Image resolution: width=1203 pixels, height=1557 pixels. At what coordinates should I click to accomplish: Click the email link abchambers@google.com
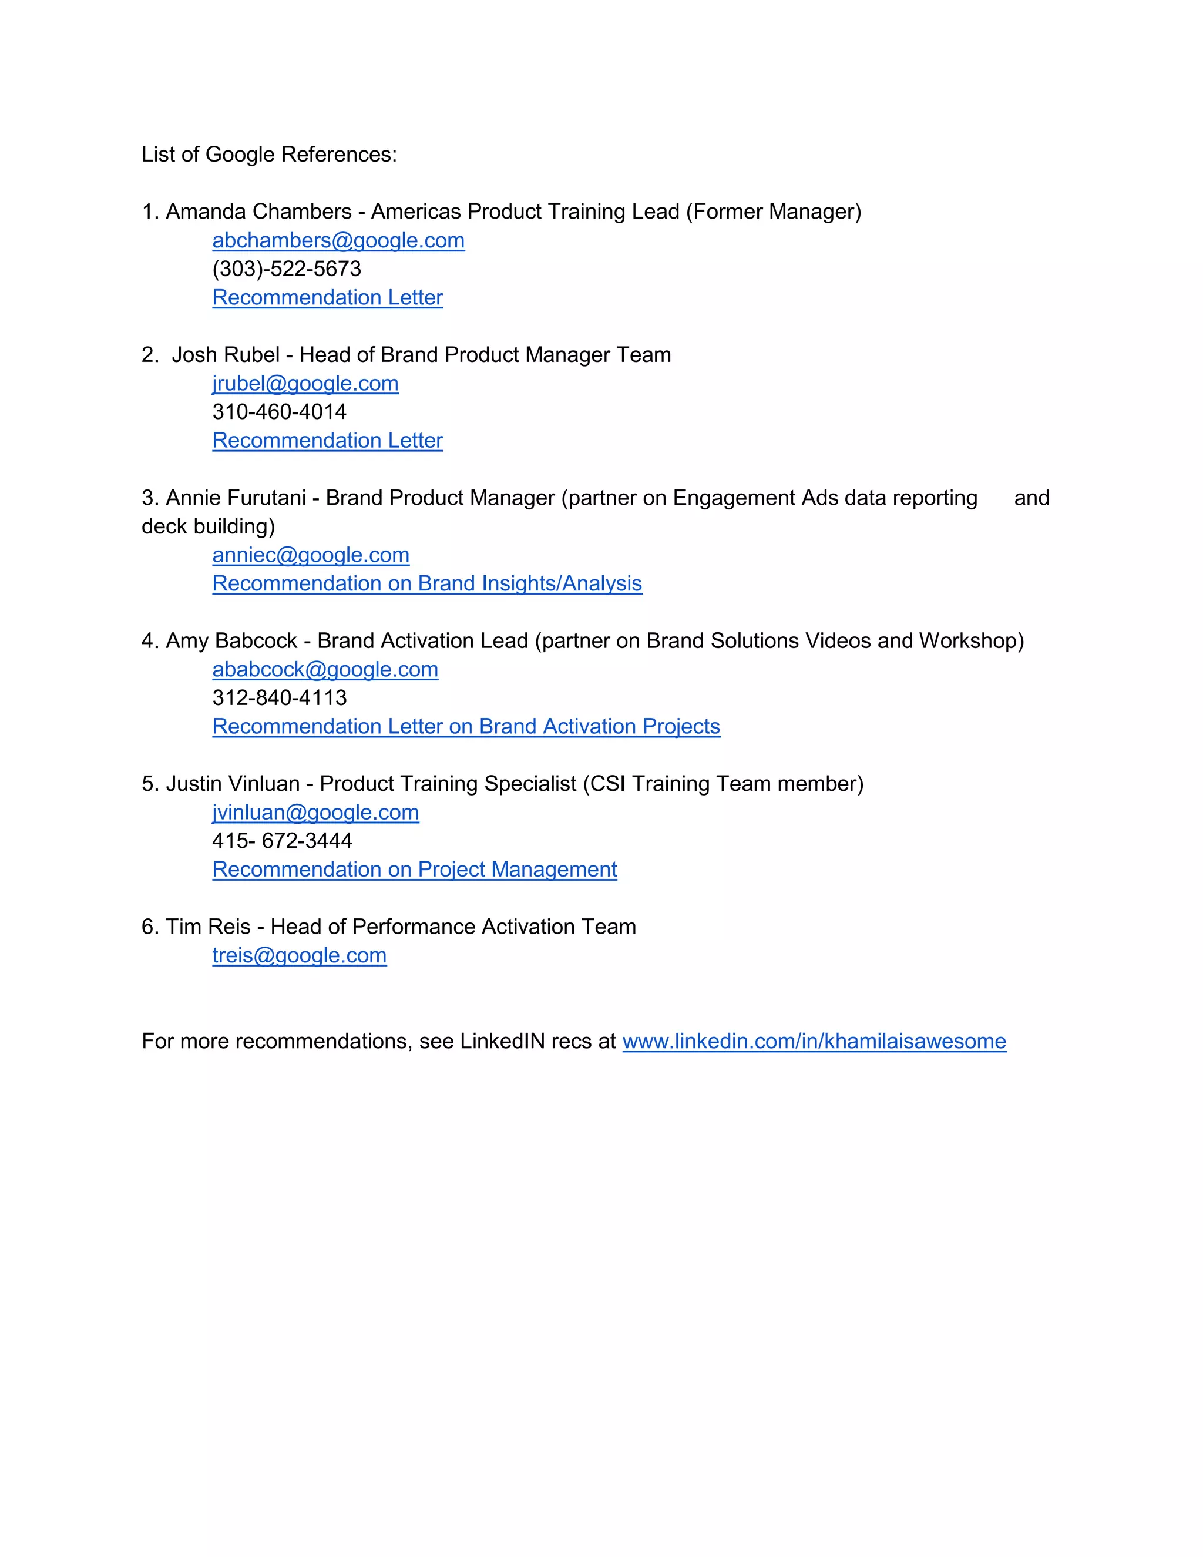pos(338,241)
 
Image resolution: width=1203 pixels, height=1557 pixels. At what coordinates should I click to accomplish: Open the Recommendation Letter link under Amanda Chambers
pos(327,298)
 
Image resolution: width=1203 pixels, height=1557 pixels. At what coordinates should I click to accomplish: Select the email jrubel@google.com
pos(305,384)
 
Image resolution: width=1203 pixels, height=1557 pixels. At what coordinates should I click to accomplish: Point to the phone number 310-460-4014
pos(280,412)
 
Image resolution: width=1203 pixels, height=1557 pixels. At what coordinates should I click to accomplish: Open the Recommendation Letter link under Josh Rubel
pos(327,441)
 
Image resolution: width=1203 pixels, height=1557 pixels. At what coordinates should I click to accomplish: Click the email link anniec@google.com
pos(311,555)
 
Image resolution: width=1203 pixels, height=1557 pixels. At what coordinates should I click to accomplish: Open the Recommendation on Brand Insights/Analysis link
pos(427,584)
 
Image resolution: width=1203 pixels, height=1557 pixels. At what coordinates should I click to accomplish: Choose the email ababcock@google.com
pos(325,669)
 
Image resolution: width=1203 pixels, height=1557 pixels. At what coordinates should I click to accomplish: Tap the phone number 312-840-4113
pos(280,698)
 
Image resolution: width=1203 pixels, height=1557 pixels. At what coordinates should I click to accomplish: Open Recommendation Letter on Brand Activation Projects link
pos(466,726)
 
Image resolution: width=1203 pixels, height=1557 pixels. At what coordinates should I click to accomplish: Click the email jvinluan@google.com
pos(315,813)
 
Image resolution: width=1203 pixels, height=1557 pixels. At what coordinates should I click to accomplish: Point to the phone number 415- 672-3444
pos(282,841)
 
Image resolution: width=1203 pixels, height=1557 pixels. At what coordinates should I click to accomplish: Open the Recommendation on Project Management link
pos(414,870)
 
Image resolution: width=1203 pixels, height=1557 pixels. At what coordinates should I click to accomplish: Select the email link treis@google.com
pos(300,955)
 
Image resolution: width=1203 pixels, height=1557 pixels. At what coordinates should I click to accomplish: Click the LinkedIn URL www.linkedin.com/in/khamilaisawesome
pos(814,1042)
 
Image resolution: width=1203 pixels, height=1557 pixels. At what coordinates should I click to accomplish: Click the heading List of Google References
pos(268,155)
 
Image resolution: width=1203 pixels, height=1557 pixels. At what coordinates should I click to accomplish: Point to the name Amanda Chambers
pos(258,212)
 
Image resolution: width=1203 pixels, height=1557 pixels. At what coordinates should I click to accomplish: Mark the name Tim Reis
pos(208,927)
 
